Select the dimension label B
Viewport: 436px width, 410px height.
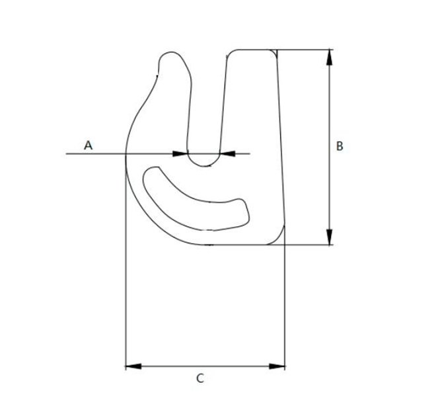click(x=339, y=146)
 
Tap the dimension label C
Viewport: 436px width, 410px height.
click(x=201, y=379)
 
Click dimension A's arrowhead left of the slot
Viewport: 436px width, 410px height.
click(x=180, y=154)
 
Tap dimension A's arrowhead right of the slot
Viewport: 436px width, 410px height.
click(x=227, y=154)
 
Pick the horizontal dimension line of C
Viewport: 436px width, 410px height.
click(x=205, y=365)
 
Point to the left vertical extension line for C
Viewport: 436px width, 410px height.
click(x=126, y=298)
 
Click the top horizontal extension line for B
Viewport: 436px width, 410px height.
click(x=307, y=49)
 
